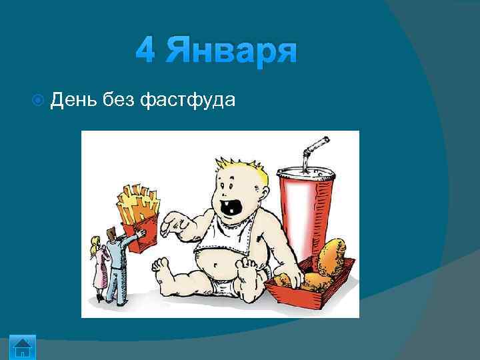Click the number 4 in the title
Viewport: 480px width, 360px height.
pyautogui.click(x=145, y=51)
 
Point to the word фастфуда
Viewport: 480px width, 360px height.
pyautogui.click(x=187, y=101)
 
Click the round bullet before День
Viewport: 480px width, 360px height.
pyautogui.click(x=37, y=101)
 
